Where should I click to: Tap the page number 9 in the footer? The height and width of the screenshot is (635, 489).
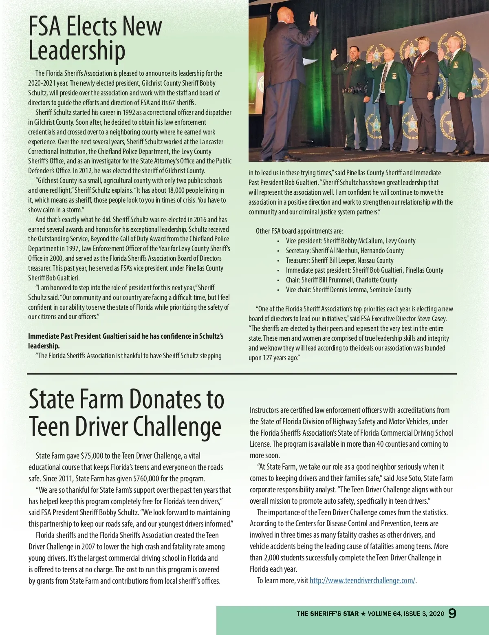452,613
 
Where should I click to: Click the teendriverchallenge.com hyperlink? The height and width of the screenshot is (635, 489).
362,580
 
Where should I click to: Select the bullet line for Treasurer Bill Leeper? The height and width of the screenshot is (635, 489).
339,260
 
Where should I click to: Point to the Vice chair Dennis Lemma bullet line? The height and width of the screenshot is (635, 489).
348,290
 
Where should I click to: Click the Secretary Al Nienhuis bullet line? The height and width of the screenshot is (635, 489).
345,251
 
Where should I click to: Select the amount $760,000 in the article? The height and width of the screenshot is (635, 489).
154,478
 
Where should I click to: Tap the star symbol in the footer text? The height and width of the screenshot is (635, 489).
363,614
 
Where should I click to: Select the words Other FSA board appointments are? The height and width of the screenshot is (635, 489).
299,231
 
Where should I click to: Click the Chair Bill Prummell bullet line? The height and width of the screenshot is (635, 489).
341,280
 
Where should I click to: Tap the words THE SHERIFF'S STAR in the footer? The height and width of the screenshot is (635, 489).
328,614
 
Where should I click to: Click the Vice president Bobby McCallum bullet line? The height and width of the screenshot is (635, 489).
350,241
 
